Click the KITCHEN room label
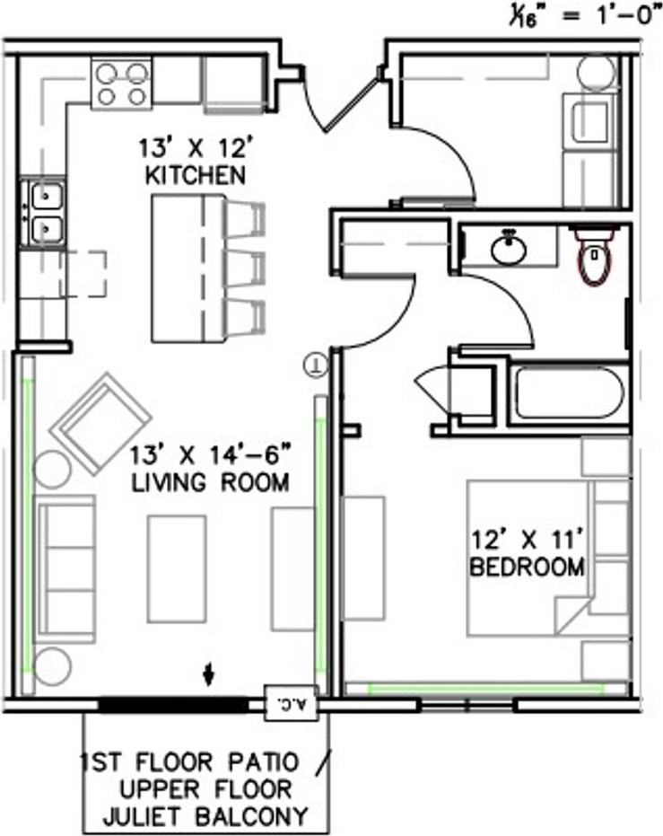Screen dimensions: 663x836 tap(196, 175)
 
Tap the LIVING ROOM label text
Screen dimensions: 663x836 tap(210, 482)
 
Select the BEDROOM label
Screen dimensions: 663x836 tap(528, 567)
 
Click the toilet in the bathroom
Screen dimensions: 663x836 tap(595, 255)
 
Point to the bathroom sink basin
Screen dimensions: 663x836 tap(509, 249)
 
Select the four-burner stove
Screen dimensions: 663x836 tap(121, 84)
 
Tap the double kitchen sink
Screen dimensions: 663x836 tap(44, 213)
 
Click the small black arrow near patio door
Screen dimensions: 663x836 tap(209, 673)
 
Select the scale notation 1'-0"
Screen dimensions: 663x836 tap(624, 15)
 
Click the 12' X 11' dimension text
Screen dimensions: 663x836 tap(526, 540)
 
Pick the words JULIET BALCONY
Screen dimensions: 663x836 tap(205, 815)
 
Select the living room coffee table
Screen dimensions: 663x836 tap(177, 569)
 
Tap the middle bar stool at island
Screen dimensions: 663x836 tap(245, 268)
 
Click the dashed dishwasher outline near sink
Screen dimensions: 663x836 tap(83, 274)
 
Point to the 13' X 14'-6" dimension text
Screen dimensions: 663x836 tap(212, 456)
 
